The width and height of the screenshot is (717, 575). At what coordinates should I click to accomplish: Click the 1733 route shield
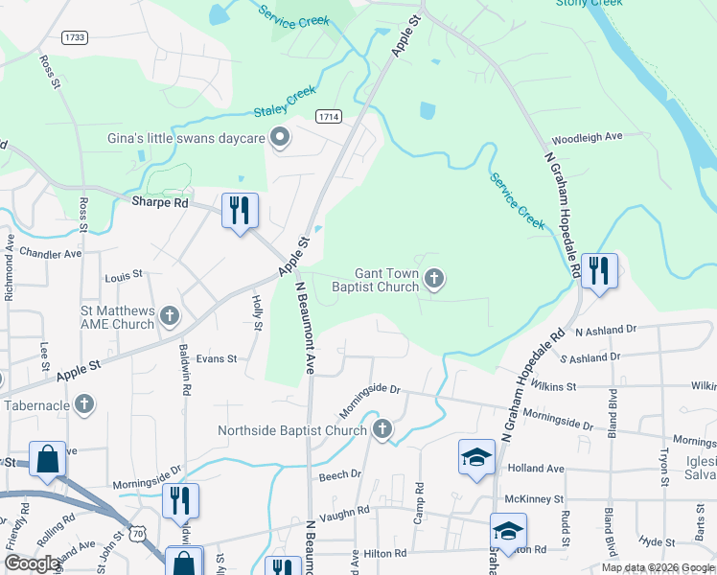pyautogui.click(x=74, y=37)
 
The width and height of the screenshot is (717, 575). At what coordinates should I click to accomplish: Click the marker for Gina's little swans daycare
pyautogui.click(x=280, y=139)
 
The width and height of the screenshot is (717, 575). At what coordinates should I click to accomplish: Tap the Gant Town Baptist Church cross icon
pyautogui.click(x=434, y=280)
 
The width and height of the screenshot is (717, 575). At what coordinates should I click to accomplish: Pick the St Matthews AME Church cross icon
pyautogui.click(x=170, y=314)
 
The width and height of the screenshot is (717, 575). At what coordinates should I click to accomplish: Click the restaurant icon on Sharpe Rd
pyautogui.click(x=240, y=209)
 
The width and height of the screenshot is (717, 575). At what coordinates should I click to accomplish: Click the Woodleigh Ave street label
pyautogui.click(x=589, y=138)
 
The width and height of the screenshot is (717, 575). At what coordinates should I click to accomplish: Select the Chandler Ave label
pyautogui.click(x=51, y=254)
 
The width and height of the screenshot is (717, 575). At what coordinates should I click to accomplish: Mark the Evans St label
pyautogui.click(x=216, y=358)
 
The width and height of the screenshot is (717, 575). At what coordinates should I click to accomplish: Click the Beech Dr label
pyautogui.click(x=339, y=474)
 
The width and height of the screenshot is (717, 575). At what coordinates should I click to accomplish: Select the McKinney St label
pyautogui.click(x=530, y=498)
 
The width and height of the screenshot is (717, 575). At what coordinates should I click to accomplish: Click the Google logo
pyautogui.click(x=33, y=563)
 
